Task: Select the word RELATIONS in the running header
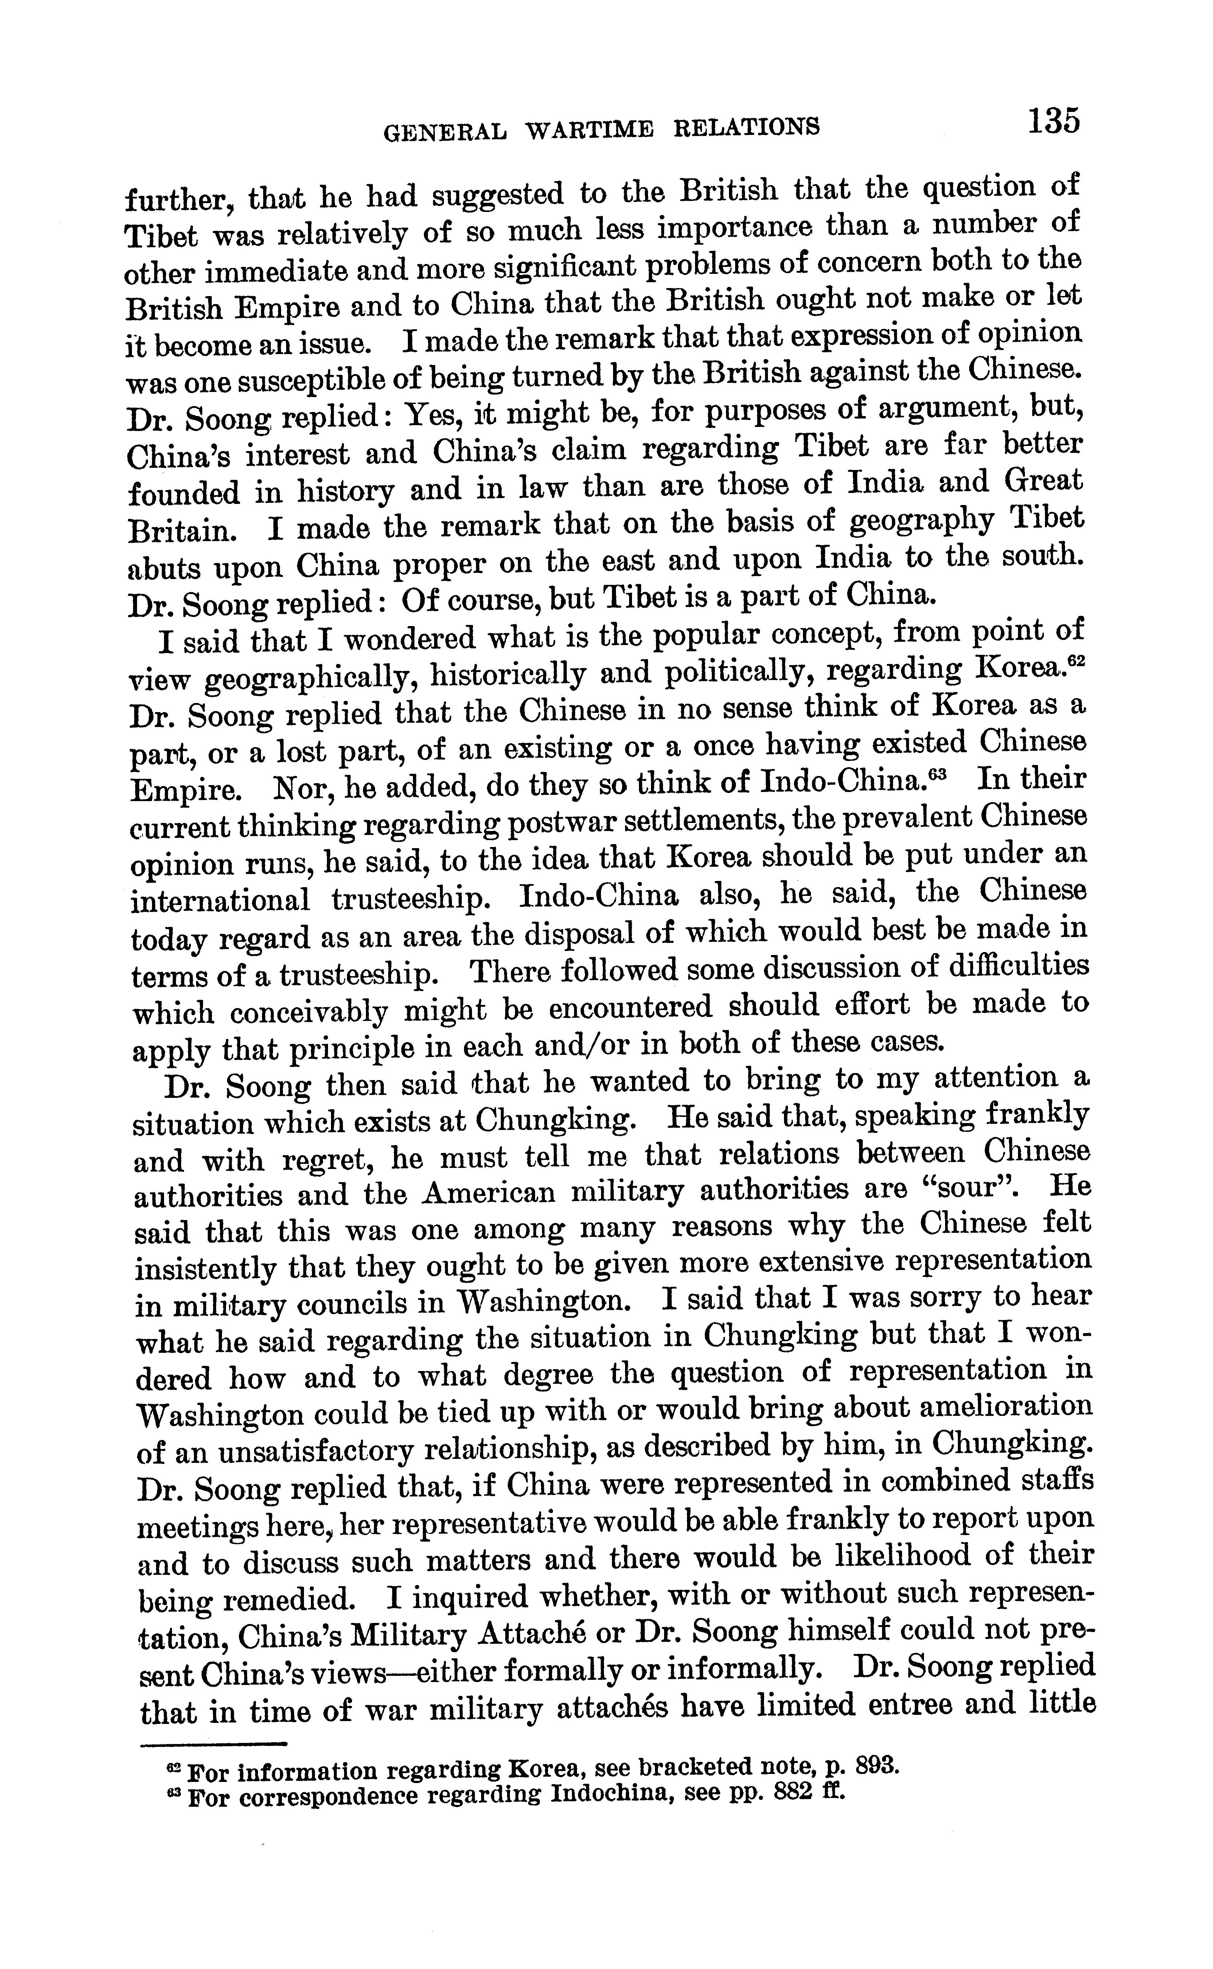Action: point(746,127)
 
